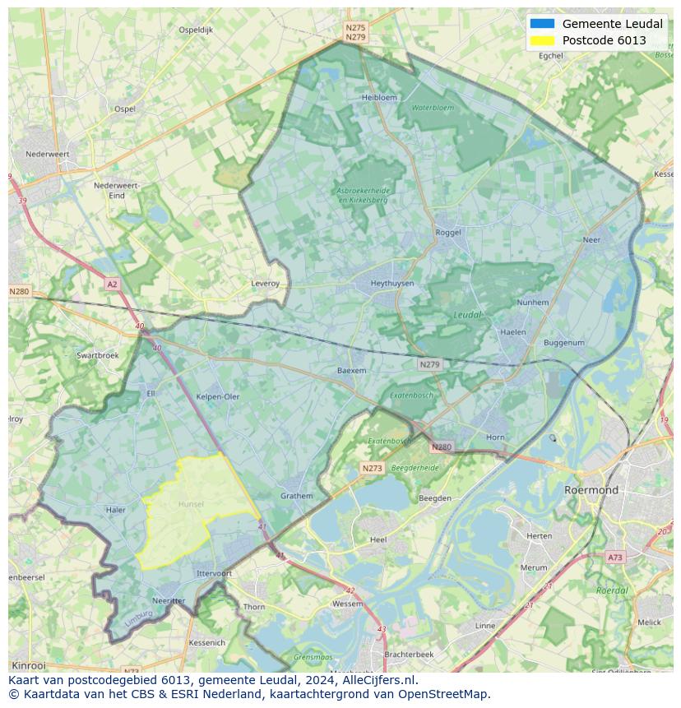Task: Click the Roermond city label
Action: point(591,489)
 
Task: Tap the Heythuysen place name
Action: point(391,283)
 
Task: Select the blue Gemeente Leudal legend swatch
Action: point(542,24)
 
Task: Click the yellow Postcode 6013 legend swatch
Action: point(542,40)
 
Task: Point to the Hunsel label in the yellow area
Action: point(191,503)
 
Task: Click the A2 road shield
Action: point(112,284)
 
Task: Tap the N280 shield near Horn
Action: point(441,447)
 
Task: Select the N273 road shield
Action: point(372,468)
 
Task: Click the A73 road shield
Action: point(614,557)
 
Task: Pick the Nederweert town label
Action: point(47,154)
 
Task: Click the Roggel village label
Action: point(448,233)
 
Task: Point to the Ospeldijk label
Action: point(196,30)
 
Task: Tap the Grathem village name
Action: point(297,496)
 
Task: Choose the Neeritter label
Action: point(169,601)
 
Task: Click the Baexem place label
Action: point(351,371)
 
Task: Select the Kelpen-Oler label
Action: point(218,396)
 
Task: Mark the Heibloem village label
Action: point(379,97)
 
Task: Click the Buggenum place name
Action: point(563,343)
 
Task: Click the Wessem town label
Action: point(347,604)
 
